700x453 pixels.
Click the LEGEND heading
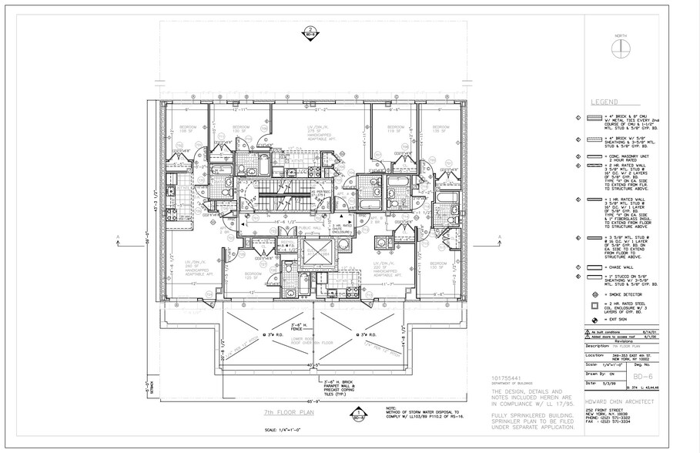click(606, 102)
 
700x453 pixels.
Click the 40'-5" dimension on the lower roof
click(312, 365)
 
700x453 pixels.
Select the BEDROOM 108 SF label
click(188, 129)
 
